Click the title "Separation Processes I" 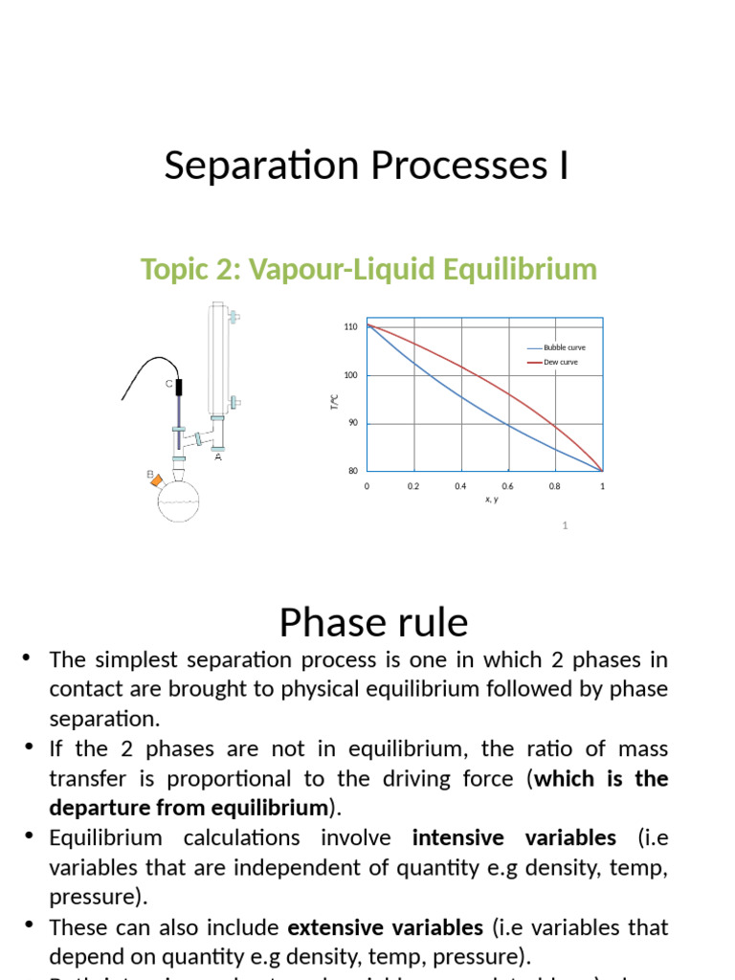coord(367,166)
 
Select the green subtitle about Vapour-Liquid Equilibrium coord(368,269)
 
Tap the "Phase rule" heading coord(373,622)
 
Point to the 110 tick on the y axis coord(350,327)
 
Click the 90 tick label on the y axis coord(352,423)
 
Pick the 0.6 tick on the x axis coord(507,486)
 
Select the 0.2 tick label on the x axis coord(413,486)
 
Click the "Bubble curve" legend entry coord(564,347)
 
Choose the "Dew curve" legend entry coord(560,362)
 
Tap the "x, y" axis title coord(491,499)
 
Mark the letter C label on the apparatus coord(168,384)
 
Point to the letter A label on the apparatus coord(218,457)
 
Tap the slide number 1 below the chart coord(566,525)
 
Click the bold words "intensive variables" coord(514,838)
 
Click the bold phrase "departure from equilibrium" coord(189,806)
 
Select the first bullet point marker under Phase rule coord(27,657)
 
